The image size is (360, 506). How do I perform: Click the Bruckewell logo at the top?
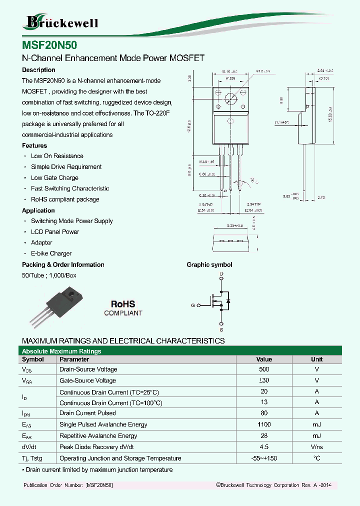(61, 21)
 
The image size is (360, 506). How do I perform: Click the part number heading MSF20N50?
(49, 43)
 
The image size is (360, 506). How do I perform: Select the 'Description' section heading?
(38, 70)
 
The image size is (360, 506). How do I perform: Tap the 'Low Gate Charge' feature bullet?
(54, 178)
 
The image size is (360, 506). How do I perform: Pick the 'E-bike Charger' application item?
(51, 253)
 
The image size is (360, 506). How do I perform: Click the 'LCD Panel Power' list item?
(55, 232)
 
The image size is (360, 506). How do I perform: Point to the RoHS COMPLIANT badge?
(123, 308)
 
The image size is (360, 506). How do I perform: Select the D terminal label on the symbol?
(221, 274)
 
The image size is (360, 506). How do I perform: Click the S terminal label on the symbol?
(221, 329)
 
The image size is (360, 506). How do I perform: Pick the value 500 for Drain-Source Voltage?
(264, 369)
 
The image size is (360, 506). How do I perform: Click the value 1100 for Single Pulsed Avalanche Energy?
(264, 424)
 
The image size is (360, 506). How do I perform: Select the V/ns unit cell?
(316, 447)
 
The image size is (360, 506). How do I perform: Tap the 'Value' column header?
(264, 359)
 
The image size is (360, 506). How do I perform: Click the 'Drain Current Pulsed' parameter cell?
(87, 413)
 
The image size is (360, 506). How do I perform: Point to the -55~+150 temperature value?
(264, 458)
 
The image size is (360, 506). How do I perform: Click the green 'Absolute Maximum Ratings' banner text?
(61, 351)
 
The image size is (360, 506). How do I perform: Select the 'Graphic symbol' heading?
(209, 265)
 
